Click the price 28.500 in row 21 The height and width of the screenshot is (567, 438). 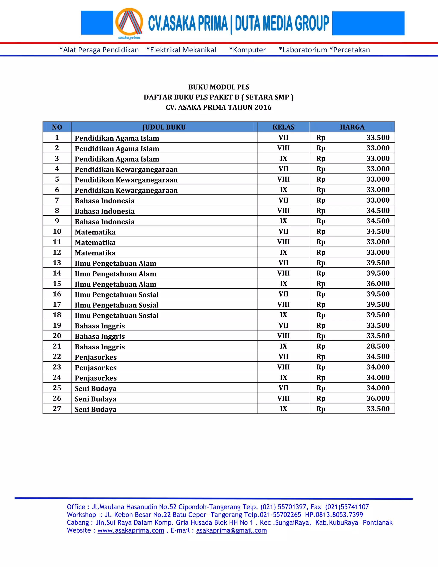(x=378, y=346)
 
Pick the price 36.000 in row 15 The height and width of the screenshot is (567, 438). (x=378, y=283)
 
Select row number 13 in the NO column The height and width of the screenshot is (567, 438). (x=57, y=263)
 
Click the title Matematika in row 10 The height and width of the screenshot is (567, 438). (x=95, y=232)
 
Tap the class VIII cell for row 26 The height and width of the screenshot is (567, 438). (x=283, y=398)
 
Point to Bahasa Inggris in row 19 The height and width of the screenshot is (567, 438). (x=100, y=326)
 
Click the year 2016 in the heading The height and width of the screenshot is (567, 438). (x=263, y=107)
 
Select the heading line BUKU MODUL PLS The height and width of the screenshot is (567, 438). (x=219, y=87)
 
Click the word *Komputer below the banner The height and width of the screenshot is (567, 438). (x=247, y=50)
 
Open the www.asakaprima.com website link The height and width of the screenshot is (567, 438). (x=131, y=530)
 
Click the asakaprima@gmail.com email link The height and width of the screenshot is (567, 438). (x=231, y=530)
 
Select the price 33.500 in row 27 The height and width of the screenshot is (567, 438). (x=378, y=409)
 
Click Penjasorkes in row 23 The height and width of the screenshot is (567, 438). (x=96, y=368)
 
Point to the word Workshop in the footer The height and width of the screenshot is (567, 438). (x=81, y=515)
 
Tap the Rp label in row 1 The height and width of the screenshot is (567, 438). (x=321, y=138)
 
